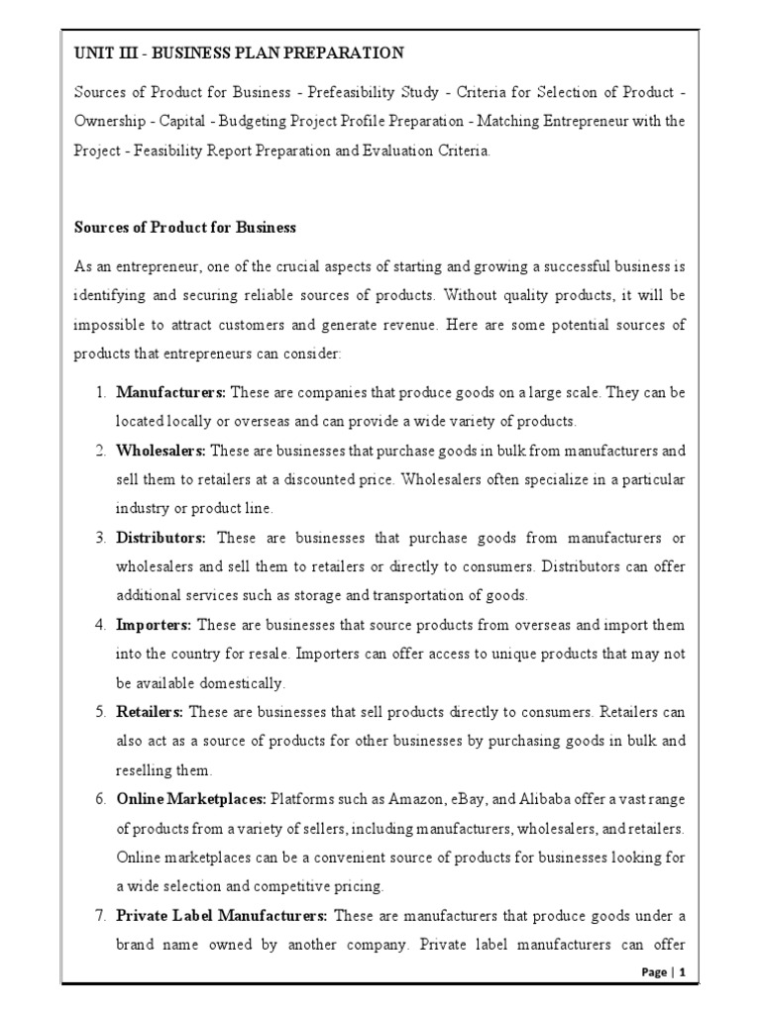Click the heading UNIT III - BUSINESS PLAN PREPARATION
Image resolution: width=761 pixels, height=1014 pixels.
pyautogui.click(x=239, y=51)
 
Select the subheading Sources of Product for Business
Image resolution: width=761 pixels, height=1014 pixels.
pyautogui.click(x=185, y=227)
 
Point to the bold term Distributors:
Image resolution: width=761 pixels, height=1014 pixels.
pyautogui.click(x=161, y=539)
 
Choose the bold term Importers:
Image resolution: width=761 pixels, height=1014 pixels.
pyautogui.click(x=155, y=626)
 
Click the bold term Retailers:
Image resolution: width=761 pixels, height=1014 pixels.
pyautogui.click(x=150, y=713)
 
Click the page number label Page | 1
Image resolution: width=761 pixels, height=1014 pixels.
pyautogui.click(x=664, y=972)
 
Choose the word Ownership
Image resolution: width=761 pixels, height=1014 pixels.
pyautogui.click(x=112, y=122)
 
